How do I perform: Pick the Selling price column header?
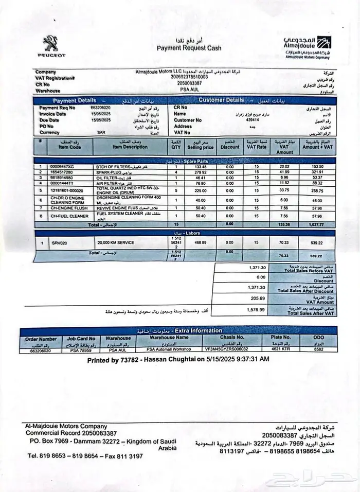[x=201, y=147]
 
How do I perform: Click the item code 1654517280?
[x=61, y=172]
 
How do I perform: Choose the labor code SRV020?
[x=60, y=242]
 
